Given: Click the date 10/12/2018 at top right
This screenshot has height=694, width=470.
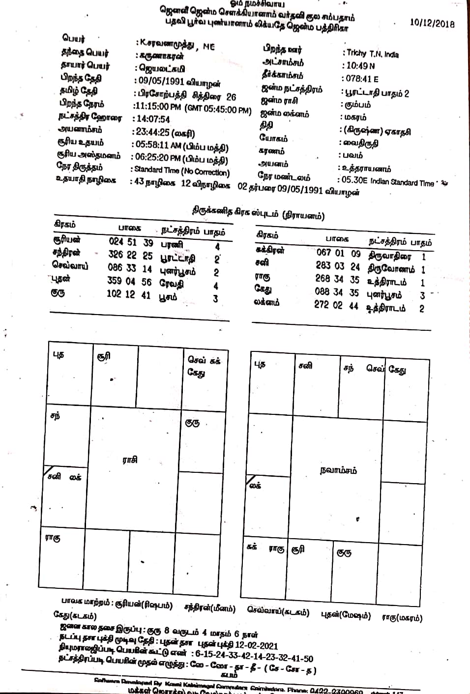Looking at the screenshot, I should point(432,23).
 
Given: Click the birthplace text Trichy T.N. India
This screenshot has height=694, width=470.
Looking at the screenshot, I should point(372,54).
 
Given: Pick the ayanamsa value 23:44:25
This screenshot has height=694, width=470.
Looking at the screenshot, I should point(151,133).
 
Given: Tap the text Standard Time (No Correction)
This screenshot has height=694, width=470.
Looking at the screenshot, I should point(182,171).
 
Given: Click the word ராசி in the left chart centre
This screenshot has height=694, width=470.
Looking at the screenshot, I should point(130,461).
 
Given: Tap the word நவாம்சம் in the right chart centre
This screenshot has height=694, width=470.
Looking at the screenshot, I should point(338,470).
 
